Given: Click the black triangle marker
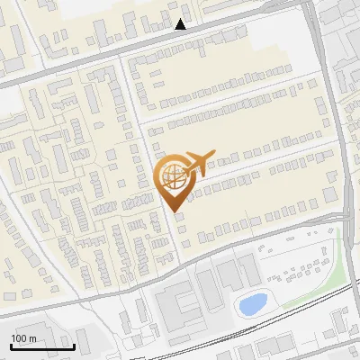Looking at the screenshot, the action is [181, 24].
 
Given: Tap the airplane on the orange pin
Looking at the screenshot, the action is [200, 162].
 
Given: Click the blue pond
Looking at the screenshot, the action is [252, 304].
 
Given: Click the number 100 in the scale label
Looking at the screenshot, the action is [20, 338].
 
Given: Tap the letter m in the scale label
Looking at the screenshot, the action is [34, 338].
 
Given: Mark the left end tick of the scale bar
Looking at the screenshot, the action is [12, 346].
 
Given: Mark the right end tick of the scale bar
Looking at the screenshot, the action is [73, 346].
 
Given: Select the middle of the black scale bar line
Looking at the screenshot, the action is [42, 347].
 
